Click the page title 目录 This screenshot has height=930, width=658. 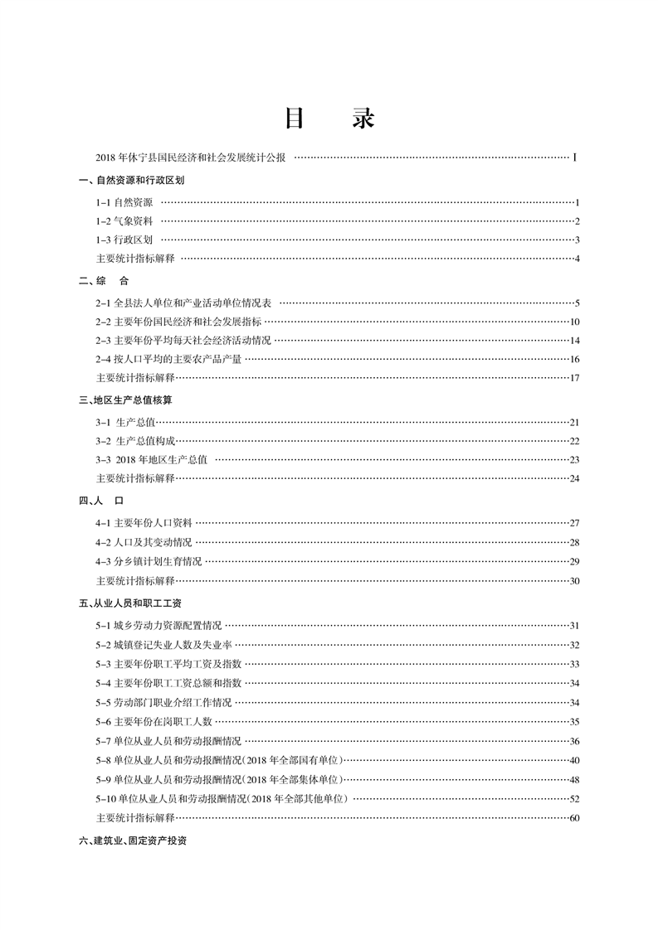coord(329,119)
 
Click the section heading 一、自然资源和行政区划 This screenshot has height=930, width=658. coord(131,180)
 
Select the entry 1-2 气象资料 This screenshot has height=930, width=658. coord(124,221)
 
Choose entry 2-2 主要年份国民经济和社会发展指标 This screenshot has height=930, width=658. coord(178,322)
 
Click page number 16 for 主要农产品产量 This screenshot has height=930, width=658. coord(574,360)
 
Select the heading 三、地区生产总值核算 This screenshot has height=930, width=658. coord(125,400)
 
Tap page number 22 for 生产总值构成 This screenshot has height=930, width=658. coord(574,441)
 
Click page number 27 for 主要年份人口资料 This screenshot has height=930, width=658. coord(574,523)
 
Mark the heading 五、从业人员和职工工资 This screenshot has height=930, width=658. coord(130,603)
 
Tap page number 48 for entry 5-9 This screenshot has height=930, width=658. coord(574,781)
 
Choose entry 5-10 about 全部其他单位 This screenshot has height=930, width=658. coord(221,799)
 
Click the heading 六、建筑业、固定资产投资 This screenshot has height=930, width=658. coord(133,840)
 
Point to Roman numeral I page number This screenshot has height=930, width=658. coord(575,156)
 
